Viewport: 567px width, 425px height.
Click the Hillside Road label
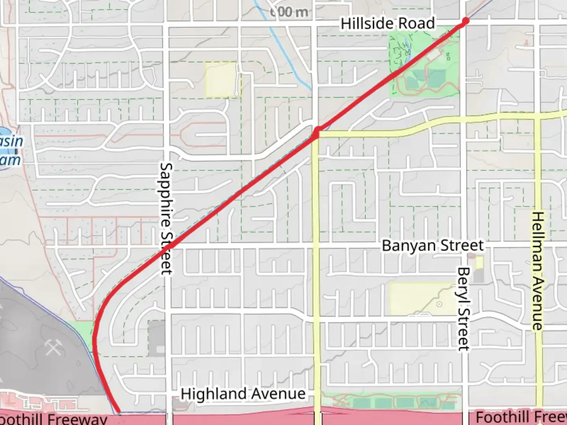tap(387, 24)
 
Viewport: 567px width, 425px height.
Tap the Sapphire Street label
tap(167, 218)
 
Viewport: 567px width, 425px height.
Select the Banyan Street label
tap(432, 246)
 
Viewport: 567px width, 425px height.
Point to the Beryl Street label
tap(464, 309)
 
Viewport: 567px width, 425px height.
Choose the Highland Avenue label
tap(243, 394)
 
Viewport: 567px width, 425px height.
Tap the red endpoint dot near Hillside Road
tap(466, 21)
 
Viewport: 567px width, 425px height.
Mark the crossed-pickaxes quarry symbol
tap(52, 347)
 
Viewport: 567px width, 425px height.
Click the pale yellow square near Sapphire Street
tap(221, 79)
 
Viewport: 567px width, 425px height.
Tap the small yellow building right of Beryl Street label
tap(479, 263)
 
